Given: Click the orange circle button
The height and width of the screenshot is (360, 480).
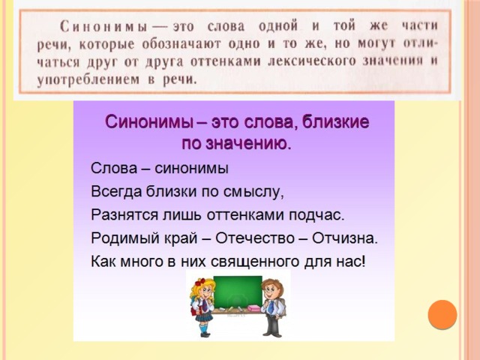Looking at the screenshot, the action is [x=442, y=315].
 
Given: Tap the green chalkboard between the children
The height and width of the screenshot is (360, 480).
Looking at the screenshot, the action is [x=238, y=292].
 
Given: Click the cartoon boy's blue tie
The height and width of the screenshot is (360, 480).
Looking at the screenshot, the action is [x=271, y=307].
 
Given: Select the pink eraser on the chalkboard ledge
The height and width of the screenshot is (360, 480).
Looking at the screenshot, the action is [x=253, y=308].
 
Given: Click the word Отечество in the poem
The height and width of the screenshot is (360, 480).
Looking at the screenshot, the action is [x=255, y=238].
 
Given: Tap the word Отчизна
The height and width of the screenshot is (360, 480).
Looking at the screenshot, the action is [x=345, y=238].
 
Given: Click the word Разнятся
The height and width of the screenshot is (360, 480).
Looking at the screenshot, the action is [x=124, y=215].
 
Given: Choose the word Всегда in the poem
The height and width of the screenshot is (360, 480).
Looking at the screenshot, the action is [x=116, y=192].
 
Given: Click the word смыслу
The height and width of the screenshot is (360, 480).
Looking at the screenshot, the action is [x=253, y=192].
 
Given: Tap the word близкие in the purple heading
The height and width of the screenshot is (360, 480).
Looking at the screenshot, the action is [x=335, y=121].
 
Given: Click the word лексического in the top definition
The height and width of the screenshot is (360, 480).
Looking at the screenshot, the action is [x=312, y=61].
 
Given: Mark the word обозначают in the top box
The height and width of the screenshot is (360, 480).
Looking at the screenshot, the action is [x=181, y=43].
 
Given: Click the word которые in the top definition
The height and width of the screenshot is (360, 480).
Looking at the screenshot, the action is [x=106, y=44].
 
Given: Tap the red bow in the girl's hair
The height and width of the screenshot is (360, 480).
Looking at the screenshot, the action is [x=200, y=282].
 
